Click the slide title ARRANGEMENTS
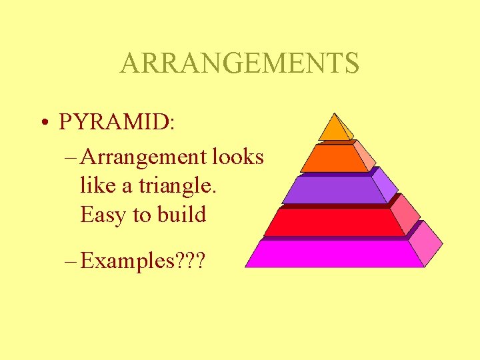click(x=239, y=63)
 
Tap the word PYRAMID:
click(x=117, y=122)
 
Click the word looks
click(x=238, y=157)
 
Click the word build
click(x=182, y=215)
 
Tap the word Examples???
click(x=143, y=261)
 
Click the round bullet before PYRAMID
click(x=43, y=123)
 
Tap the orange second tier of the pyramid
click(x=333, y=159)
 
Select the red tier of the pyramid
click(x=333, y=223)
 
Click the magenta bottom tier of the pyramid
click(x=333, y=254)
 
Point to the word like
click(x=97, y=186)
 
